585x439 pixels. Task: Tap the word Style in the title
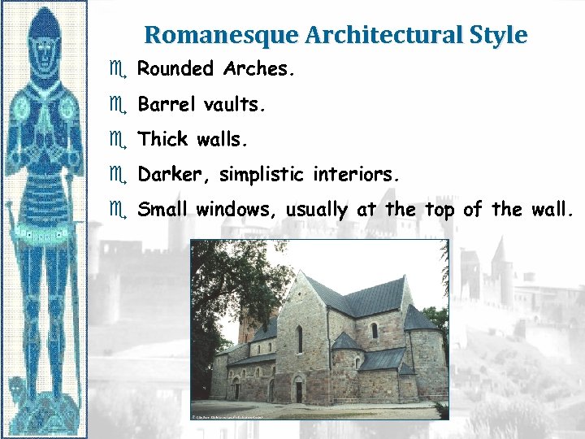coord(498,35)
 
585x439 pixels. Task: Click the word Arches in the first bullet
coord(258,69)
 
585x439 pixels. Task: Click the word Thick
coord(163,139)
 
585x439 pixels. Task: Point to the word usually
coord(318,211)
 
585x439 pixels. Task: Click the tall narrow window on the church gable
coord(298,338)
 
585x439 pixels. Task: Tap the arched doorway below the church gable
coord(298,390)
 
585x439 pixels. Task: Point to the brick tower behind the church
coord(248,325)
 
